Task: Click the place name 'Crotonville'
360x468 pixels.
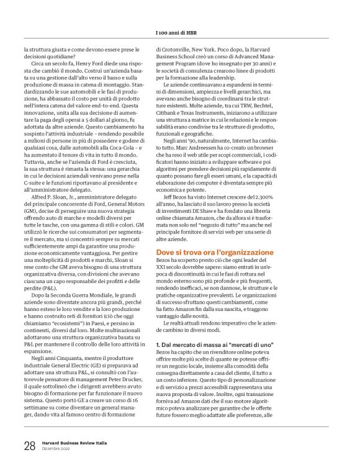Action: coord(179,48)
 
